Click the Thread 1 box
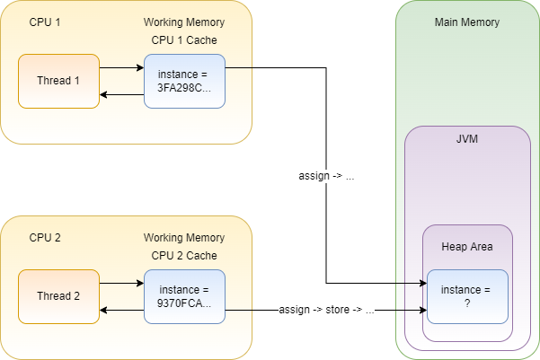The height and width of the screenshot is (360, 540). pyautogui.click(x=59, y=81)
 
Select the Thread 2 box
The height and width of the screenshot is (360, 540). pyautogui.click(x=59, y=296)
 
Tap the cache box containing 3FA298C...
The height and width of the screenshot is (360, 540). pyautogui.click(x=184, y=81)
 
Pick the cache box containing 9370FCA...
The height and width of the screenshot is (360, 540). pyautogui.click(x=184, y=296)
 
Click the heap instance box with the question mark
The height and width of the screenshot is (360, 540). pyautogui.click(x=468, y=296)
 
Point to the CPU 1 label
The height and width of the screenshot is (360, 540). pyautogui.click(x=45, y=22)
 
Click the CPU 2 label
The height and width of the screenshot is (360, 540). pyautogui.click(x=45, y=238)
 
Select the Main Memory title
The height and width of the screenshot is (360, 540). pyautogui.click(x=467, y=22)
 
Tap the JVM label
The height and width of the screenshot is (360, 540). pyautogui.click(x=467, y=139)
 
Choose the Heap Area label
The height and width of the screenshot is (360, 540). pyautogui.click(x=467, y=247)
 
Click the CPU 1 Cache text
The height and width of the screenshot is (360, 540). pyautogui.click(x=184, y=40)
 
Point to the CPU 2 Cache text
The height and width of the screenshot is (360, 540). pyautogui.click(x=184, y=256)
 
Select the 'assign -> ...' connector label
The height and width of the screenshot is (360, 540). pyautogui.click(x=326, y=176)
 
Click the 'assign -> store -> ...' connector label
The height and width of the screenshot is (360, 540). pyautogui.click(x=326, y=310)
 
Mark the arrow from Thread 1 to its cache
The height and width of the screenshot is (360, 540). pyautogui.click(x=121, y=68)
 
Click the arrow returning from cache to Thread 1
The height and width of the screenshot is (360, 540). pyautogui.click(x=121, y=94)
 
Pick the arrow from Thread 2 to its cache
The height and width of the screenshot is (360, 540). pyautogui.click(x=121, y=284)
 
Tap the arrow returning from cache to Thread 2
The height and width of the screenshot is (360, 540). pyautogui.click(x=121, y=310)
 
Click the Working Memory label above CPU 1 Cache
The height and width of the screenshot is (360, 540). pyautogui.click(x=184, y=22)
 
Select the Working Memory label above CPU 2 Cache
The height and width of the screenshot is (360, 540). pyautogui.click(x=184, y=238)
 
